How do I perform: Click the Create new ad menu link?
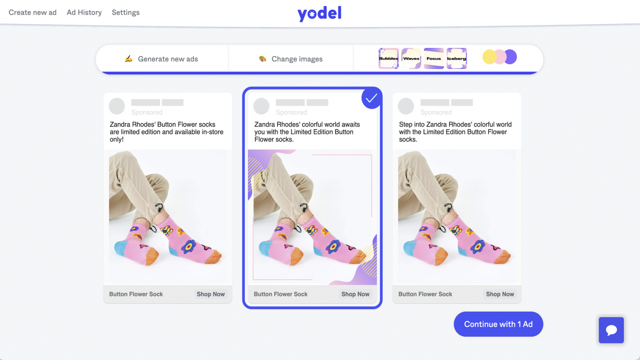(32, 12)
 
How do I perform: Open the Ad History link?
(84, 12)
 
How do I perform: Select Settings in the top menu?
(125, 12)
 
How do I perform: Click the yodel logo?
(319, 13)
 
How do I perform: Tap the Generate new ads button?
(162, 59)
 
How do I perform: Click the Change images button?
(291, 59)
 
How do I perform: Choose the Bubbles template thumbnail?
(388, 58)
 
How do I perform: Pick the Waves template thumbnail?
(411, 58)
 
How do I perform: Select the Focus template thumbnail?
(433, 58)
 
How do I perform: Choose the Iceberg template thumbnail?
(456, 58)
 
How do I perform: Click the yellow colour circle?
(489, 57)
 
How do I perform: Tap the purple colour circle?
(510, 57)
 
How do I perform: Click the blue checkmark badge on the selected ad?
(371, 98)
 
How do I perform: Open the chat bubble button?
(611, 330)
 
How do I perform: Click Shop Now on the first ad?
(210, 294)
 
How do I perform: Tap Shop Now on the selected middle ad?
(355, 294)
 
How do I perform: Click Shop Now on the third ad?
(500, 294)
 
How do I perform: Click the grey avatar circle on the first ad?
(117, 106)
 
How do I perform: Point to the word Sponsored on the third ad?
(436, 112)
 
